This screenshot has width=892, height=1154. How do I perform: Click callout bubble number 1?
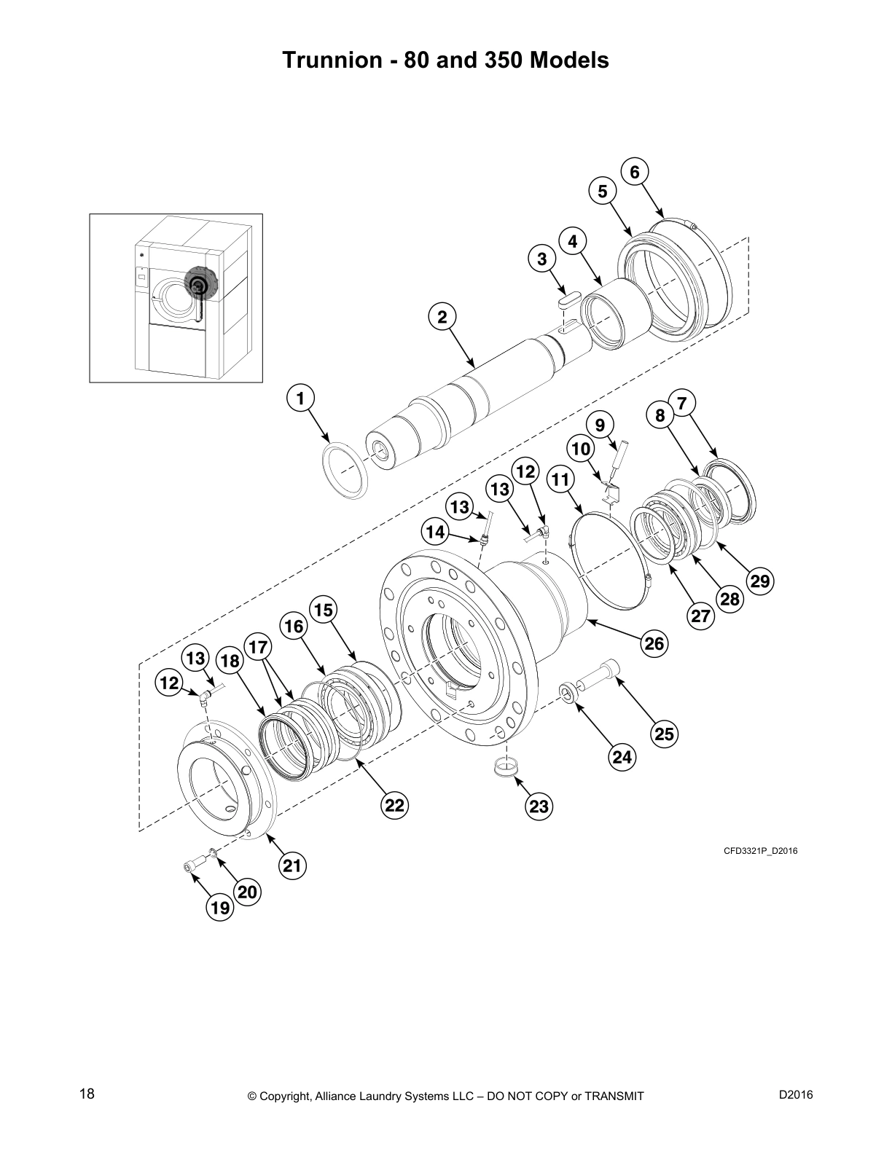pyautogui.click(x=300, y=399)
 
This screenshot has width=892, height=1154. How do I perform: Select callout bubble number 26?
pyautogui.click(x=654, y=643)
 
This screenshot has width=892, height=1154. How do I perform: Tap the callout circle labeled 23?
pyautogui.click(x=539, y=806)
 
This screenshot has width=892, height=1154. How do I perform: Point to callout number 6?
pyautogui.click(x=635, y=172)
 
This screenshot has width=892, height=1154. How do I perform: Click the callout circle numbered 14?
pyautogui.click(x=435, y=533)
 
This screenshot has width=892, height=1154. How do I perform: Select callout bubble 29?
pyautogui.click(x=759, y=581)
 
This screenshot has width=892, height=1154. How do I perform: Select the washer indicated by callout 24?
pyautogui.click(x=568, y=693)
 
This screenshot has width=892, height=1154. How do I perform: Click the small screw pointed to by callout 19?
pyautogui.click(x=190, y=865)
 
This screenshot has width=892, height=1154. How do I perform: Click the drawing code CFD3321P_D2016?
pyautogui.click(x=760, y=850)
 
